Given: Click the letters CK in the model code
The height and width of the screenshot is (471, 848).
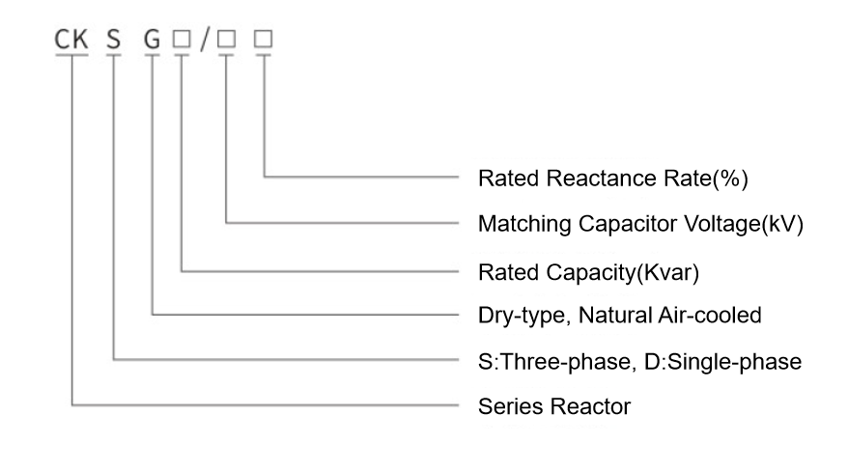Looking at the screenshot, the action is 71,40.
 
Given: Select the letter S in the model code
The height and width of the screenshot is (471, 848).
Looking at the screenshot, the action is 113,40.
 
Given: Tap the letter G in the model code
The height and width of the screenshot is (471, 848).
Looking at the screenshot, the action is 152,40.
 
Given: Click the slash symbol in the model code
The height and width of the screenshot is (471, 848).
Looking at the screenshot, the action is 205,40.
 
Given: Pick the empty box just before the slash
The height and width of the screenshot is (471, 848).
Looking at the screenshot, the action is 182,39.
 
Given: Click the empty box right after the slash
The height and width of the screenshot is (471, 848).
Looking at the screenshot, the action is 226,39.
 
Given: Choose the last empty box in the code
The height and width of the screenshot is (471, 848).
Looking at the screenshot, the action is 264,39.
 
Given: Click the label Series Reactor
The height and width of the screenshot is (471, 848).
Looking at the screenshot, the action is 554,406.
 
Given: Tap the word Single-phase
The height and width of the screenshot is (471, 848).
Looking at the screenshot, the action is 734,362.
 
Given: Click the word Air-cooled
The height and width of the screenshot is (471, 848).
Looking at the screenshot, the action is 709,315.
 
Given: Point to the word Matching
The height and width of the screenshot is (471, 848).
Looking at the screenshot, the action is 524,224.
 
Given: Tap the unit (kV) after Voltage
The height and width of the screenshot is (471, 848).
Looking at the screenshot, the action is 782,224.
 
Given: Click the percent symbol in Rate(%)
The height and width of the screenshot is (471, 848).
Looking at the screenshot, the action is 730,179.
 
